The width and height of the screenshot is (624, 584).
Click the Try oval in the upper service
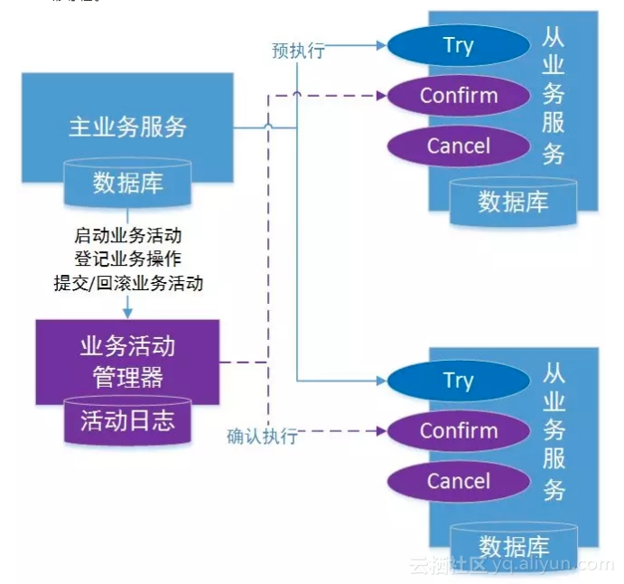point(458,45)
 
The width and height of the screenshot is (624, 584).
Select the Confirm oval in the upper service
point(458,95)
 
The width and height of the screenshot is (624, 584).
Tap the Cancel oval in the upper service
point(458,146)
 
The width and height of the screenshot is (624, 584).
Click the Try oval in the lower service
point(458,381)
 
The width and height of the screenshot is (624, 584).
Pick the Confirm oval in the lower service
point(458,430)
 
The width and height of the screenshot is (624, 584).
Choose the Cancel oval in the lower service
point(458,481)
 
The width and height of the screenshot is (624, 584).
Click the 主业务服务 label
point(127,126)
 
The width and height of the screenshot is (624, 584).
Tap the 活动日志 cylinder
point(127,420)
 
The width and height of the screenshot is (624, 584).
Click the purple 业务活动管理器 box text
point(127,361)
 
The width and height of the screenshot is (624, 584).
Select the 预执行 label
point(298,51)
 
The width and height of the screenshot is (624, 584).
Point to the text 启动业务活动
point(128,235)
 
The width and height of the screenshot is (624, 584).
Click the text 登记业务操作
point(128,259)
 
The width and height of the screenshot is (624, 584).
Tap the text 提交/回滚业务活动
point(128,282)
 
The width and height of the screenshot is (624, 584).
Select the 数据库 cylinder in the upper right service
point(513,200)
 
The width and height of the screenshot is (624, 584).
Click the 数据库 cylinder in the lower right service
point(513,546)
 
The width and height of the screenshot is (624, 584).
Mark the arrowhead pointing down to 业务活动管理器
point(127,312)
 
